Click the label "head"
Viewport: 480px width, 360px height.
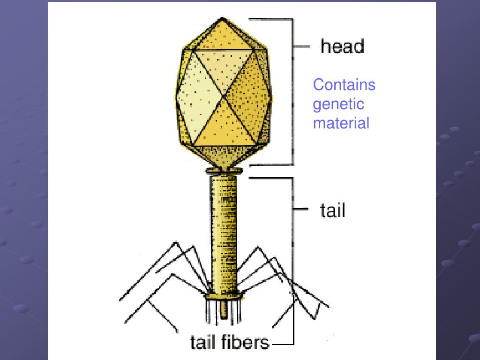[x=342, y=46]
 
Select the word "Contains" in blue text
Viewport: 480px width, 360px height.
[x=344, y=85]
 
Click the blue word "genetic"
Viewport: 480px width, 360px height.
[x=338, y=104]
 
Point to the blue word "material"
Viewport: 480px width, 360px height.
[x=341, y=123]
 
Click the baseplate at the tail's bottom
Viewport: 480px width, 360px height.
[x=224, y=295]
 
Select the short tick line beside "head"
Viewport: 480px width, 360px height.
[x=301, y=46]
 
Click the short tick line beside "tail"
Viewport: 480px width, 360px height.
[x=301, y=209]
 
